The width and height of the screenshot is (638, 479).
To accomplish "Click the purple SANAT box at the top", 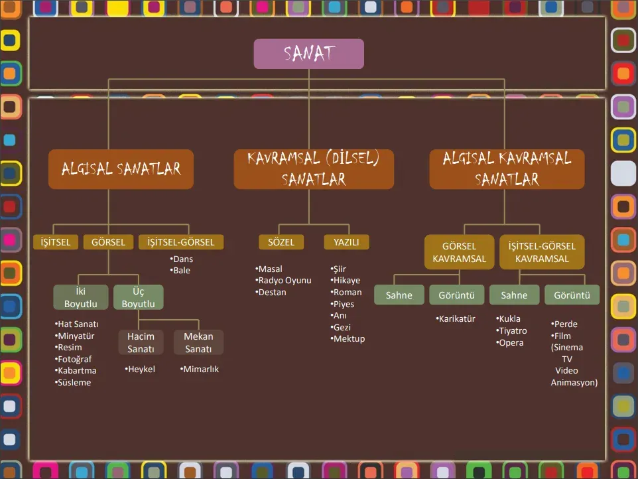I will (308, 54).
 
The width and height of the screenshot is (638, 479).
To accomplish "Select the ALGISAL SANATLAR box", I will (121, 169).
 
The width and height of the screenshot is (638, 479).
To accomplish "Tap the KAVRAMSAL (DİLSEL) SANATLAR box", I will (314, 169).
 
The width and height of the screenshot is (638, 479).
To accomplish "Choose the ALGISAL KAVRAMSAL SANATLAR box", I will (507, 169).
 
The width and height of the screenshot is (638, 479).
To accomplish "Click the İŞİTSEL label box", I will (56, 242).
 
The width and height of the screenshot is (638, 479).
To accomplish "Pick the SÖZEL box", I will (281, 242).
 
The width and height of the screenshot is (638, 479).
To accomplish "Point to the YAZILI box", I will (346, 242).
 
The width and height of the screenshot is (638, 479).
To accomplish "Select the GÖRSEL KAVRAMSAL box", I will (459, 252).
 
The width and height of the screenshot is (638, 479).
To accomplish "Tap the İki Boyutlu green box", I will (81, 297).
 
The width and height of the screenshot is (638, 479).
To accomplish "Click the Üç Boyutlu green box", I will (138, 297).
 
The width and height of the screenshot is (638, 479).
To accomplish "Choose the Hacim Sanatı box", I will (141, 342).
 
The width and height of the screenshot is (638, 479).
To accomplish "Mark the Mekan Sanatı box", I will (198, 342).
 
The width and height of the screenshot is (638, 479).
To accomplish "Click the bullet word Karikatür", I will (456, 319).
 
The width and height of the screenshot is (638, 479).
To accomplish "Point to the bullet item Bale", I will (180, 271).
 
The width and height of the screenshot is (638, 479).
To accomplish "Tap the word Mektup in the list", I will (349, 339).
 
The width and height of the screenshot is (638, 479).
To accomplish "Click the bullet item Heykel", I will (141, 370).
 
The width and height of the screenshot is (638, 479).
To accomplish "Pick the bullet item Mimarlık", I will (200, 370).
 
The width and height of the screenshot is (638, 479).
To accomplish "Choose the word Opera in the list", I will (511, 343).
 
